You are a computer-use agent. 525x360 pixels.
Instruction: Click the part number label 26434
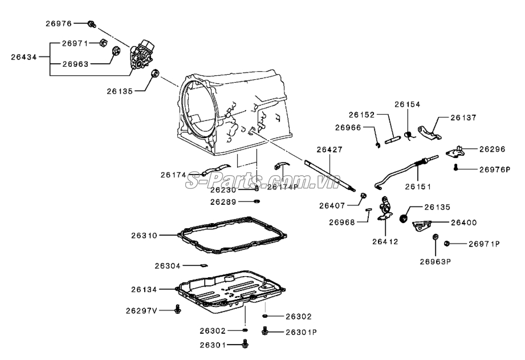[x=24, y=57]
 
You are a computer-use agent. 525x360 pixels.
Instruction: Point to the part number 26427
[x=329, y=149]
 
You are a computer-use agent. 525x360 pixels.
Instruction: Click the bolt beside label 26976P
[x=455, y=167]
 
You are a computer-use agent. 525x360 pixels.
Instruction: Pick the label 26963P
[x=436, y=261]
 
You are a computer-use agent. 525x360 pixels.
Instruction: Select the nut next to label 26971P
[x=446, y=244]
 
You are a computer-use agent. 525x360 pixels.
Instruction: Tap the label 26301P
[x=301, y=332]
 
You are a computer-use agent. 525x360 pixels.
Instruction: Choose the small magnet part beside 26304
[x=204, y=265]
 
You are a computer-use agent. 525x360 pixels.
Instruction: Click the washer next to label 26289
[x=257, y=201]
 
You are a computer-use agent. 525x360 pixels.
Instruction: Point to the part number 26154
[x=407, y=104]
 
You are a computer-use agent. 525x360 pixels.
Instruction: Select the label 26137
[x=463, y=118]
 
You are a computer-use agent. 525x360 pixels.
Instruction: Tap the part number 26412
[x=385, y=241]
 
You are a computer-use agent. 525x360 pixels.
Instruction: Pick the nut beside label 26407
[x=363, y=196]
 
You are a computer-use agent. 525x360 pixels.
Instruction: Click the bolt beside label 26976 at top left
[x=91, y=24]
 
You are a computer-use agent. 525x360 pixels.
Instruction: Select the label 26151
[x=418, y=187]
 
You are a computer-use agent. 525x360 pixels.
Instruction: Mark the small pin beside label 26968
[x=368, y=209]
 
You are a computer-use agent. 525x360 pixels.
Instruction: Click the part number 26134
[x=144, y=289]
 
